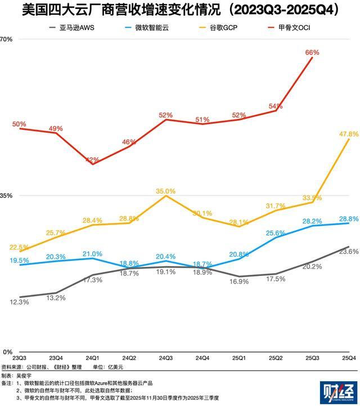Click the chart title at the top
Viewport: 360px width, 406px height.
[x=180, y=10]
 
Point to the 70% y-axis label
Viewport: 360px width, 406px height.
[x=6, y=39]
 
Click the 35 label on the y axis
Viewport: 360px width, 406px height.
[x=6, y=196]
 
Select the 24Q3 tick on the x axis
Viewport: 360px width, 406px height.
[x=165, y=358]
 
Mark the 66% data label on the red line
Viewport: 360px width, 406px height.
[x=312, y=52]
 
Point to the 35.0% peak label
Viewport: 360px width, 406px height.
[x=165, y=191]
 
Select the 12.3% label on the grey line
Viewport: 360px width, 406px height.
[x=20, y=302]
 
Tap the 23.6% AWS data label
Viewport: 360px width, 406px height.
[x=349, y=251]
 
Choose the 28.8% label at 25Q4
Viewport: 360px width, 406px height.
[x=348, y=218]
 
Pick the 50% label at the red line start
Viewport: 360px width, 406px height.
[x=20, y=124]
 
